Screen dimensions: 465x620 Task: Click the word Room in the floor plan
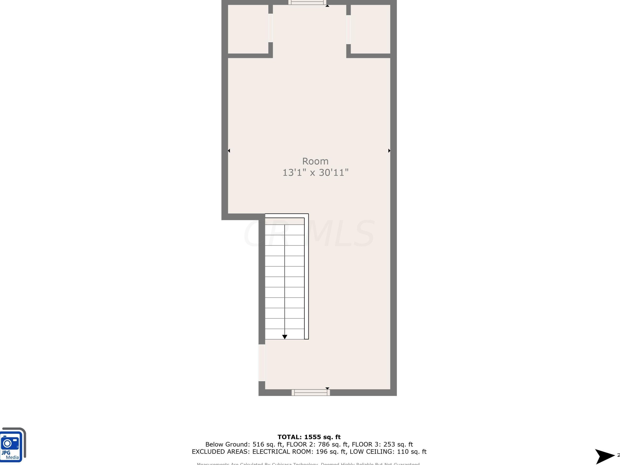[x=315, y=161]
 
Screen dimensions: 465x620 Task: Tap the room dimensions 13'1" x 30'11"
[x=315, y=172]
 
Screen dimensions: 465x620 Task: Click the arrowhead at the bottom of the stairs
[x=284, y=337]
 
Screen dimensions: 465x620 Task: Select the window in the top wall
[x=307, y=3]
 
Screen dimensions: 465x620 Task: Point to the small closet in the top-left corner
[x=248, y=29]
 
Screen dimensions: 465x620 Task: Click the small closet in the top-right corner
[x=370, y=29]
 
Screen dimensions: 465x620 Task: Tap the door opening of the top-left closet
[x=271, y=28]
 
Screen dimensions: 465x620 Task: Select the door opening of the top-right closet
[x=348, y=29]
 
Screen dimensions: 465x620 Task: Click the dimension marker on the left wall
[x=229, y=151]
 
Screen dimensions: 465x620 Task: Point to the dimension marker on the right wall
[x=389, y=151]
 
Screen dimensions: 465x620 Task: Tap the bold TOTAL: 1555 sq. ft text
[x=309, y=437]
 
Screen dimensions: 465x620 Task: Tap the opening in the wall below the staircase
[x=262, y=363]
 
